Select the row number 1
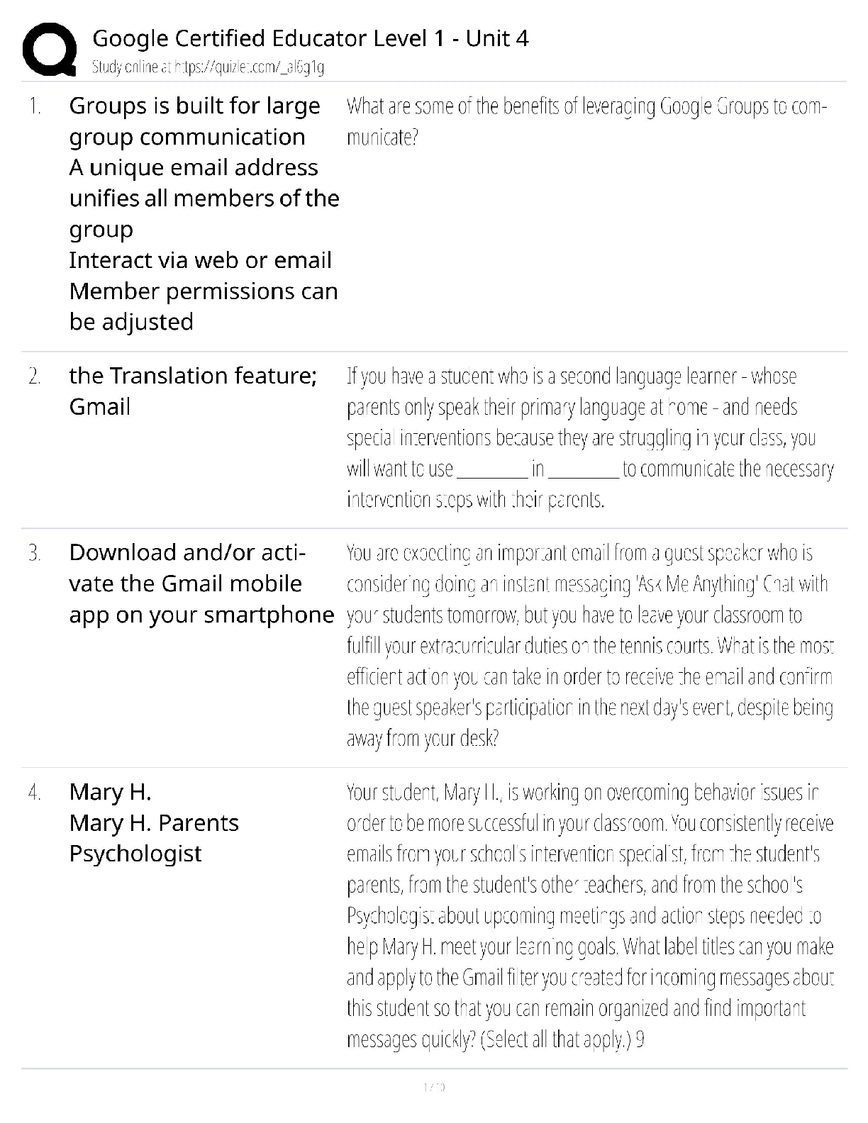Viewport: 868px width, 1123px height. click(x=34, y=107)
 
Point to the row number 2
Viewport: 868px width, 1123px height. click(x=34, y=376)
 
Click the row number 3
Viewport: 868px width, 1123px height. click(x=34, y=553)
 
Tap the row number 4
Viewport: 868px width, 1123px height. click(x=34, y=793)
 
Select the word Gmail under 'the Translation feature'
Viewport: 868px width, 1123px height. click(x=100, y=407)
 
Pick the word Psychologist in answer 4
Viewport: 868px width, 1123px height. click(x=135, y=854)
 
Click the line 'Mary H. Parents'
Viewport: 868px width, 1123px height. click(x=154, y=823)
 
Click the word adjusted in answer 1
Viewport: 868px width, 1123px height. click(x=149, y=322)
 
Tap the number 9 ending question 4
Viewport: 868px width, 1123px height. click(x=640, y=1040)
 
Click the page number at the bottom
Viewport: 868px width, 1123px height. click(x=433, y=1087)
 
